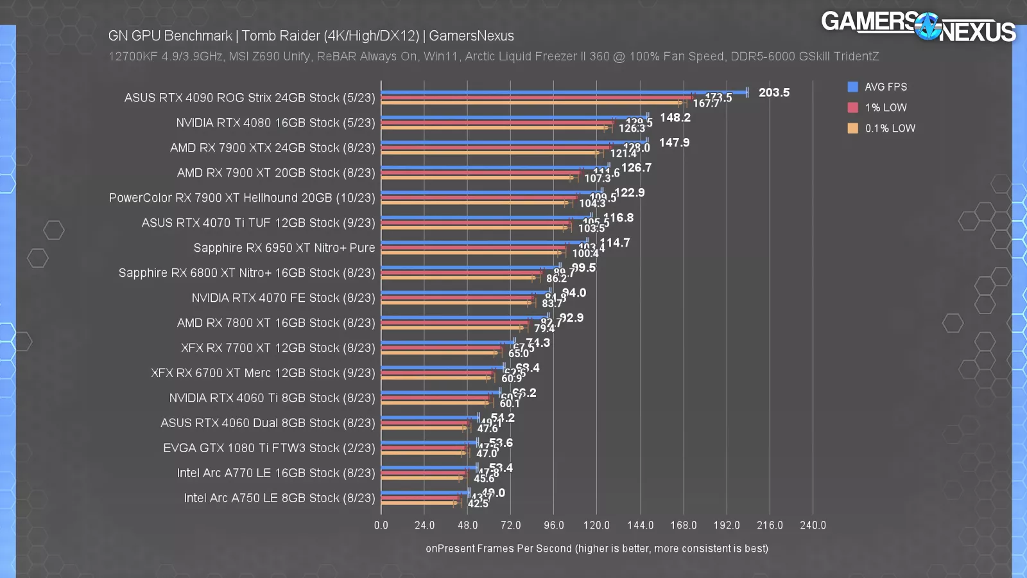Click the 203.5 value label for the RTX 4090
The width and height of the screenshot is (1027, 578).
pyautogui.click(x=773, y=92)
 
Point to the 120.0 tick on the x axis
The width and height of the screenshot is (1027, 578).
pyautogui.click(x=596, y=525)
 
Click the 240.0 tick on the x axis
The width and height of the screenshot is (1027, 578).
pyautogui.click(x=813, y=525)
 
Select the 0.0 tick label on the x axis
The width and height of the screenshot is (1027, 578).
pyautogui.click(x=381, y=525)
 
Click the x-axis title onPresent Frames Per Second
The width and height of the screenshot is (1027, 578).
pyautogui.click(x=596, y=548)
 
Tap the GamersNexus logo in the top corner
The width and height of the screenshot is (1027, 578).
pyautogui.click(x=918, y=27)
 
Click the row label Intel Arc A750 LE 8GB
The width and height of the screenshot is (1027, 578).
pyautogui.click(x=279, y=498)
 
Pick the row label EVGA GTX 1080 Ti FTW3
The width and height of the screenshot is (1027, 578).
pyautogui.click(x=269, y=448)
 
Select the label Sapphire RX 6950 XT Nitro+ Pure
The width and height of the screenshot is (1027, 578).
pyautogui.click(x=284, y=248)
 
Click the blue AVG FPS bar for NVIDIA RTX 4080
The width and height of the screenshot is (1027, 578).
pyautogui.click(x=513, y=118)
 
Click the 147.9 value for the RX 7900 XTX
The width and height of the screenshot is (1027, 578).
pyautogui.click(x=674, y=143)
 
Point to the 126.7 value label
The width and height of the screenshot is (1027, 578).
pyautogui.click(x=636, y=168)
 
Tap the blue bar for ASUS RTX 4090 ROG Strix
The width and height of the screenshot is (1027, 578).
pyautogui.click(x=565, y=92)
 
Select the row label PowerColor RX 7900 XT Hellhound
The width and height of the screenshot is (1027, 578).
pyautogui.click(x=242, y=198)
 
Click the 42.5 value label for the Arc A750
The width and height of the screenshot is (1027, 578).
pyautogui.click(x=478, y=504)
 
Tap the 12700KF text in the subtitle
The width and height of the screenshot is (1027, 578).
pyautogui.click(x=133, y=57)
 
